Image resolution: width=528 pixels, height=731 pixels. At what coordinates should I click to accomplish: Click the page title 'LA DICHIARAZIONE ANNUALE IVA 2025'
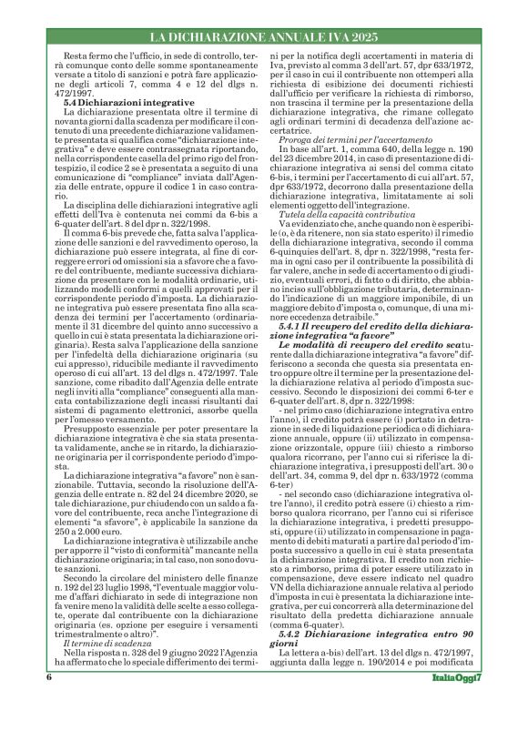click(x=264, y=37)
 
